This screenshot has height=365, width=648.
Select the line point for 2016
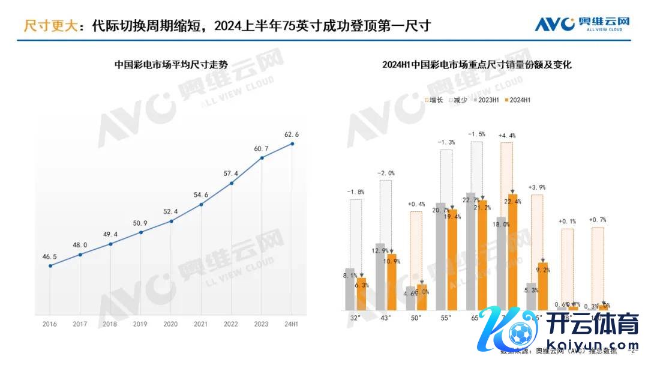coord(50,265)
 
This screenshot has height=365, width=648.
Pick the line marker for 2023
coord(262,158)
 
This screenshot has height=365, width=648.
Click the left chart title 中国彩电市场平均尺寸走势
coord(171,65)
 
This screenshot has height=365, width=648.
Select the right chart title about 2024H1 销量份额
coord(476,65)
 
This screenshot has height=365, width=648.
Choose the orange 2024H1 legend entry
coord(517,100)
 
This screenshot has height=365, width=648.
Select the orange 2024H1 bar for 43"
coord(392,282)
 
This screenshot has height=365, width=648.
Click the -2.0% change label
coord(386,173)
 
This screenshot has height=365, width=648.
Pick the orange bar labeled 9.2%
coord(542,286)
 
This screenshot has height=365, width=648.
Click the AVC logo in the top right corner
coord(582,25)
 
